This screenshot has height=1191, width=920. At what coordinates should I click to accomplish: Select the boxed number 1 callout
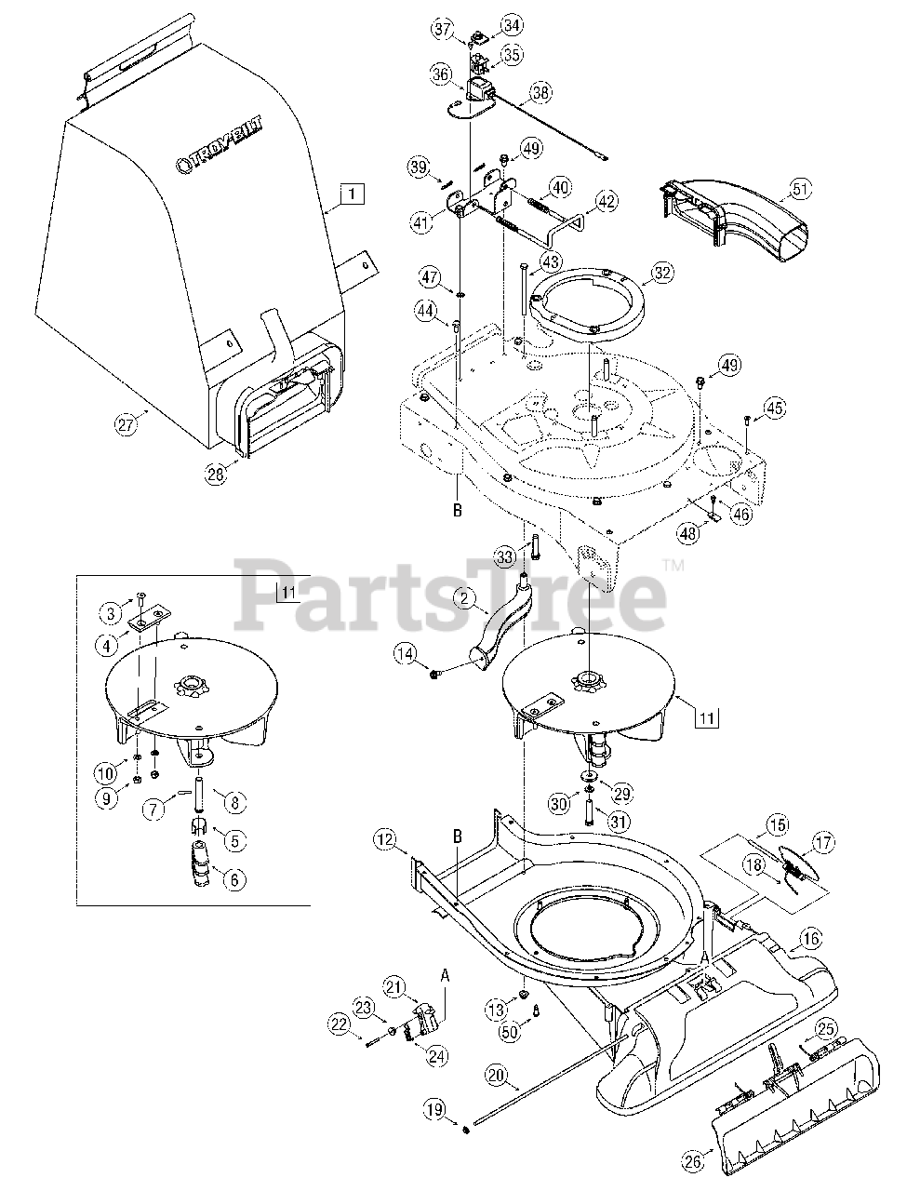351,194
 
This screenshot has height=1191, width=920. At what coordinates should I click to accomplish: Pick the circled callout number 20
495,1075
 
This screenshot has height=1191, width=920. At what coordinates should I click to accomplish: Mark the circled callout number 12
384,839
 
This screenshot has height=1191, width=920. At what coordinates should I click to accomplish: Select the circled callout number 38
540,92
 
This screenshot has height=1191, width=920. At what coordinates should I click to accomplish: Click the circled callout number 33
505,557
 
